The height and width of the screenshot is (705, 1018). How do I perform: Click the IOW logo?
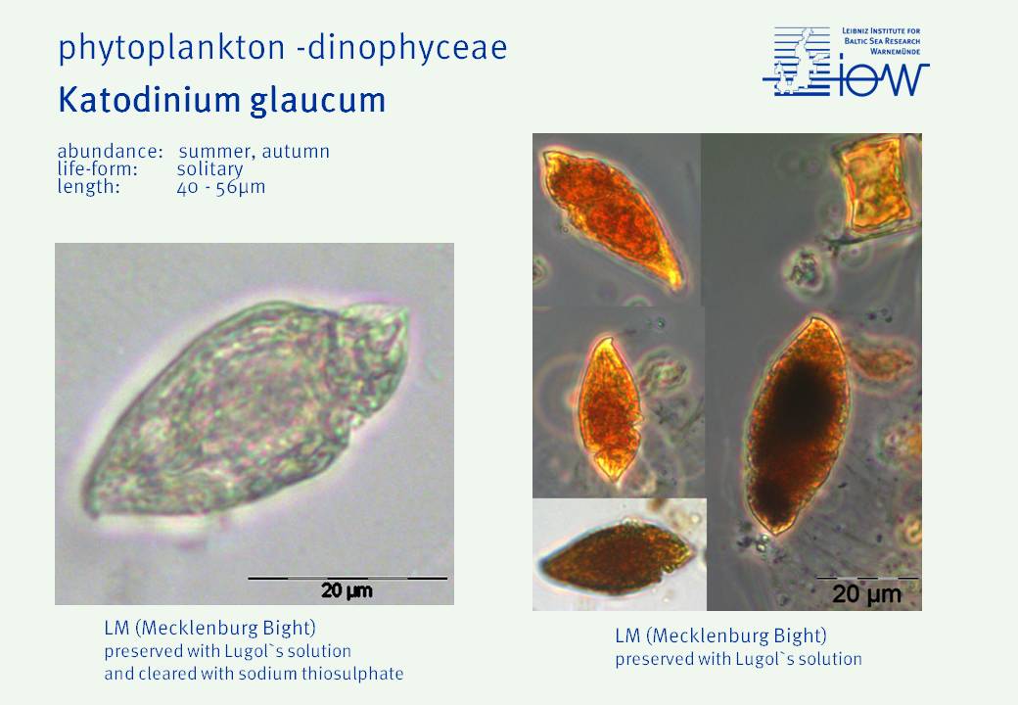[x=846, y=62]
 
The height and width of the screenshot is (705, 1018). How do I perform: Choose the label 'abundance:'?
[x=110, y=151]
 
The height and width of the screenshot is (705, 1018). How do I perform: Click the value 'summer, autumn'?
[x=254, y=152]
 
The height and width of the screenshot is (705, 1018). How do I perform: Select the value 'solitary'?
[x=209, y=169]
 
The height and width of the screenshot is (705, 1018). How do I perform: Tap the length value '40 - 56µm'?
[x=221, y=188]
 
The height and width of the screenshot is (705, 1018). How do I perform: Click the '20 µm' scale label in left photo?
[x=347, y=590]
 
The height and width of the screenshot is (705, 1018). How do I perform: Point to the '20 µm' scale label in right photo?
[x=866, y=594]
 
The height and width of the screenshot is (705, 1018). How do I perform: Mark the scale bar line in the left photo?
[x=348, y=578]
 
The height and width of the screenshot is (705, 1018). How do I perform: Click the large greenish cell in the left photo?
[x=247, y=409]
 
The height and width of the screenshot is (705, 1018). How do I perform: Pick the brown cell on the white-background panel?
[x=617, y=558]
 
